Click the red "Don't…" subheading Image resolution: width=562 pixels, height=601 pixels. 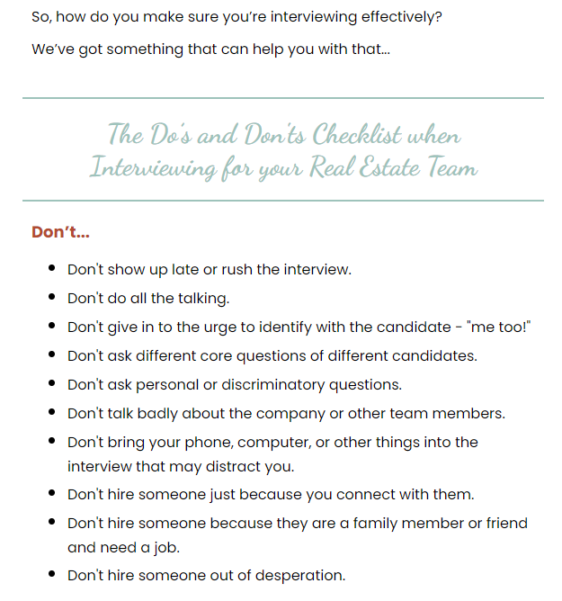(60, 232)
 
